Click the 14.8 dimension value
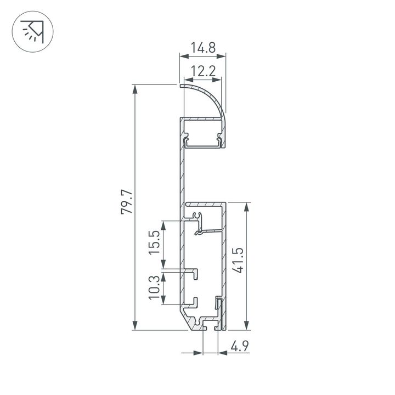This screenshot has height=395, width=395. (x=202, y=48)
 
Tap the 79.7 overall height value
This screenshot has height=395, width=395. (x=127, y=202)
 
